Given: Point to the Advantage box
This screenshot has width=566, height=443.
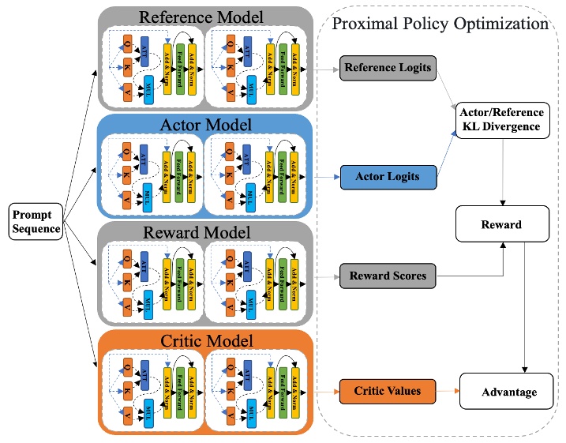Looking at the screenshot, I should [508, 392].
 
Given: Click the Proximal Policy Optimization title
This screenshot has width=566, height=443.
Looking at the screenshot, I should [440, 24].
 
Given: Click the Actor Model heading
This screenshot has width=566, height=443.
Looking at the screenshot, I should [204, 125].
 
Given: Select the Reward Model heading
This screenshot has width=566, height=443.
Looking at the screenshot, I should [204, 232].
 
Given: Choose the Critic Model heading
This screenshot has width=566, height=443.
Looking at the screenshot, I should [204, 341].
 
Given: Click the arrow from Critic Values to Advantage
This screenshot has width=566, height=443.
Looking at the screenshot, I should [448, 391].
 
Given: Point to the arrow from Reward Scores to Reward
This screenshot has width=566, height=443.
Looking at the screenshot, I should [474, 276].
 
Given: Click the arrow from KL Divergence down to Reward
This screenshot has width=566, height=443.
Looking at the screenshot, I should [502, 171].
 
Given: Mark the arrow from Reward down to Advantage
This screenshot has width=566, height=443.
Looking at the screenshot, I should [525, 308].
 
